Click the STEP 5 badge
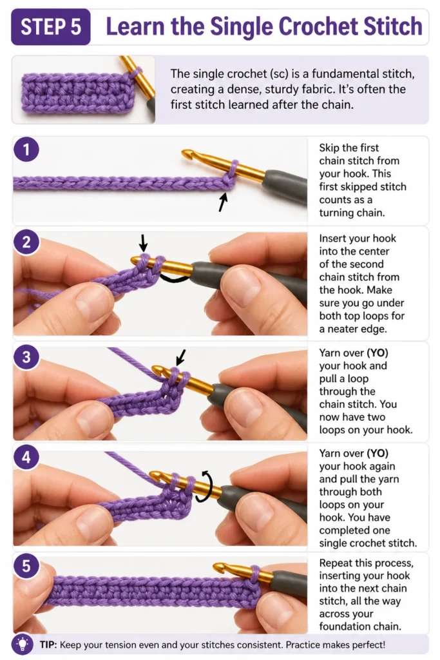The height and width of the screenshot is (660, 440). [x=50, y=26]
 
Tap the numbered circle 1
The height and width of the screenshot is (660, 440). [x=26, y=150]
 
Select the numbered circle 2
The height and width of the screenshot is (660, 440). [x=26, y=242]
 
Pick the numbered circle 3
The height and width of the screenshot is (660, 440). [x=26, y=357]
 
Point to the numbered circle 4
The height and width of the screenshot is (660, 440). [x=26, y=457]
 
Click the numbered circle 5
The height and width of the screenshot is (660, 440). [x=26, y=566]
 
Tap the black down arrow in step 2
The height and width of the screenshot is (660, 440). [x=144, y=243]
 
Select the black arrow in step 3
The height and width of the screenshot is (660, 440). [x=181, y=358]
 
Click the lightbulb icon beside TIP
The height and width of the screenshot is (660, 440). [x=21, y=644]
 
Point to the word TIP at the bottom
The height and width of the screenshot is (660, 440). [x=48, y=645]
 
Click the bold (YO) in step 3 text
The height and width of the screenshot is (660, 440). [x=378, y=353]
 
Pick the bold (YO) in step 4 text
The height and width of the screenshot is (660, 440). [x=378, y=453]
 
